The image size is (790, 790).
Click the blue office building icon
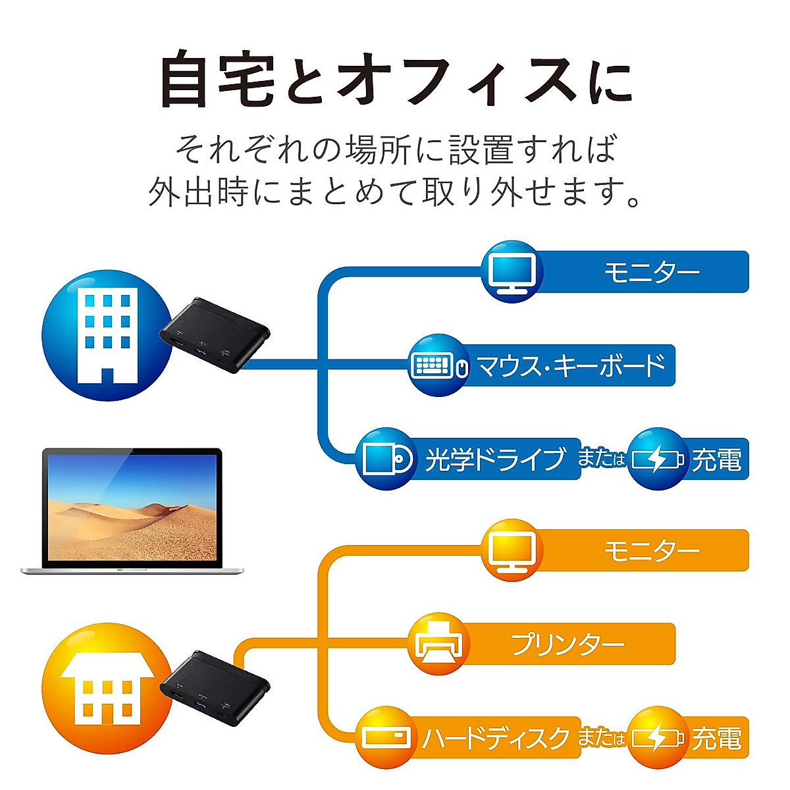[107, 335]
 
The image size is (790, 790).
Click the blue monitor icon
[512, 271]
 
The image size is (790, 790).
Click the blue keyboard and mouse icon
[438, 365]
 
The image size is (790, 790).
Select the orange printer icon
[438, 644]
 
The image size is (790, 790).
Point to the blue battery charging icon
[658, 458]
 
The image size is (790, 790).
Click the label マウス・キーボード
[571, 365]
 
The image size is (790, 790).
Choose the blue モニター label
[652, 272]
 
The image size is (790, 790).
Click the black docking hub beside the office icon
[215, 335]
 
